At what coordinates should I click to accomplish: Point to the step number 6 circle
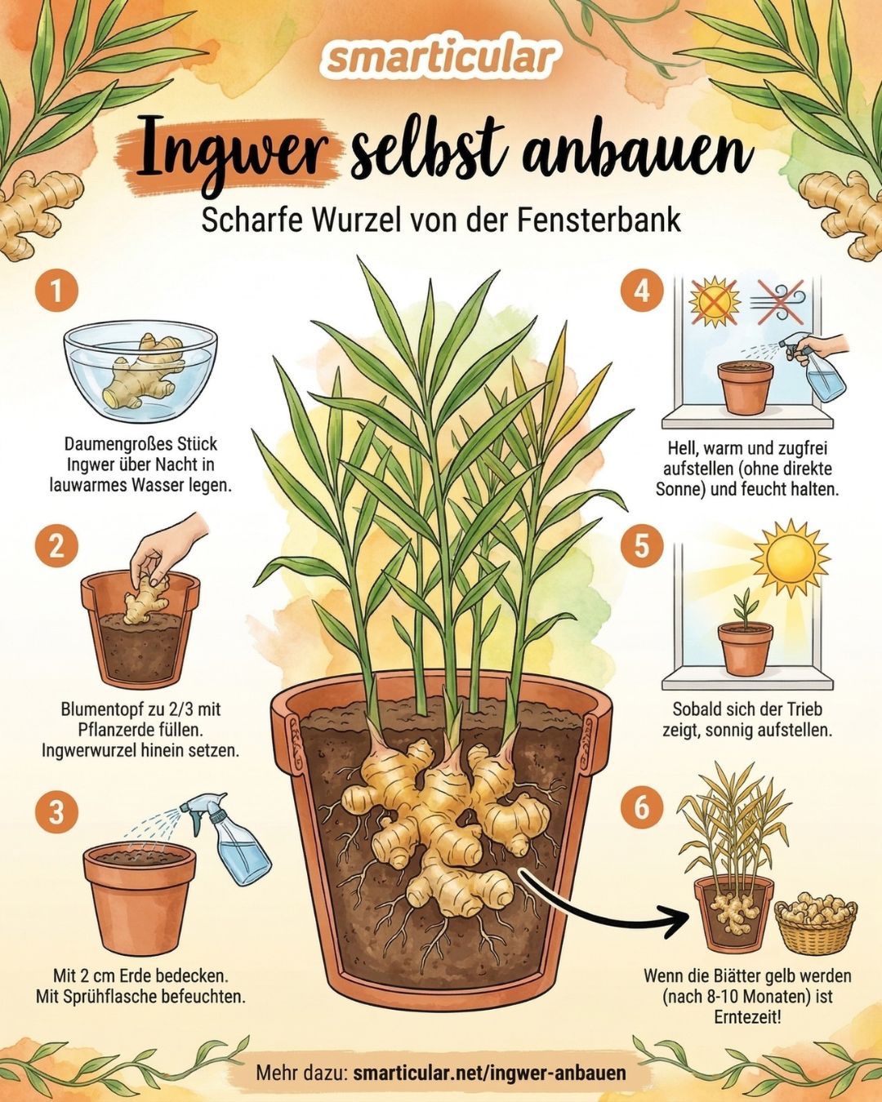pyautogui.click(x=643, y=808)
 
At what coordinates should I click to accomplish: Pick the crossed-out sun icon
pyautogui.click(x=715, y=301)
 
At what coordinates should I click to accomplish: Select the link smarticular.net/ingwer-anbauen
pyautogui.click(x=489, y=1069)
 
